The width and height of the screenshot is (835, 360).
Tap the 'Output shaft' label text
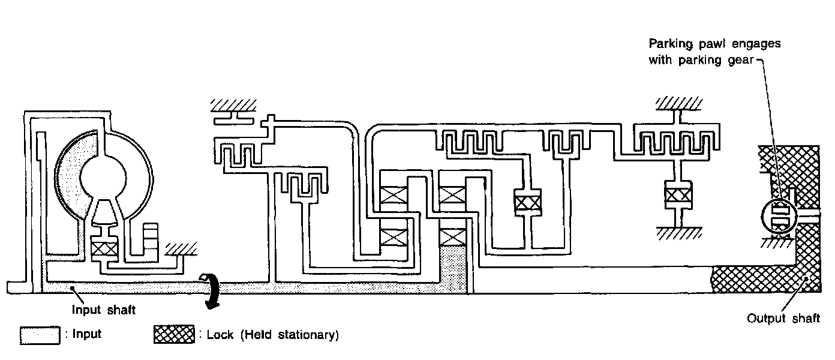click(x=783, y=319)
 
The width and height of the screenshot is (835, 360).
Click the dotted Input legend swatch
click(x=40, y=335)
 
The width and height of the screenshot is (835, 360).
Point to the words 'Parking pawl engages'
click(x=714, y=44)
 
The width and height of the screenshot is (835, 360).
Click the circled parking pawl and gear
click(x=779, y=217)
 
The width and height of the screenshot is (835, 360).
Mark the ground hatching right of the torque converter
click(x=179, y=248)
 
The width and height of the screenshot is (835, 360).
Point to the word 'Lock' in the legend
click(x=219, y=335)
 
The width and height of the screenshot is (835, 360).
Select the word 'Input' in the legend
click(x=86, y=335)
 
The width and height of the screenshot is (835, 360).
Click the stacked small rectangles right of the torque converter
click(x=151, y=238)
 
